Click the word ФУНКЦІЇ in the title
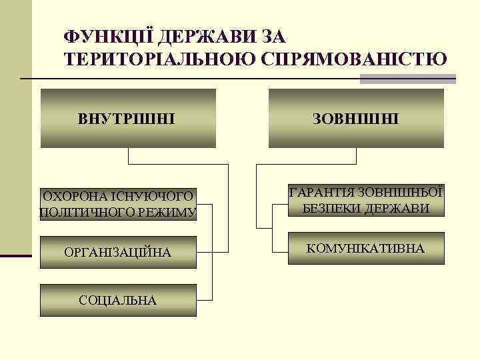point(99,35)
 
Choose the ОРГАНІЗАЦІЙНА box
point(118,253)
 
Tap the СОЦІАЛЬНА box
point(118,301)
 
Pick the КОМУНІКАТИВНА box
point(365,249)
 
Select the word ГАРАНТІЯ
point(322,192)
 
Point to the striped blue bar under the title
point(407,79)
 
